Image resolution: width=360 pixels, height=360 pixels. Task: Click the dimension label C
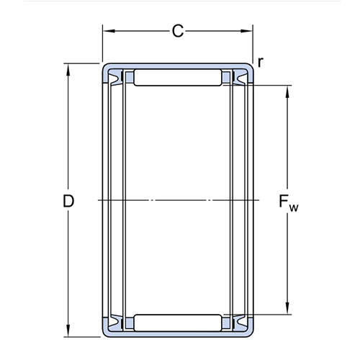178,31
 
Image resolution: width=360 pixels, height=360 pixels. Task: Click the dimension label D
68,201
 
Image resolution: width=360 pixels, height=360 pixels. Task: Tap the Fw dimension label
289,203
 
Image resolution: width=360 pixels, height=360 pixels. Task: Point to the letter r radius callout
261,62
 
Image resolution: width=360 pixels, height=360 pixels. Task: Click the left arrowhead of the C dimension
109,31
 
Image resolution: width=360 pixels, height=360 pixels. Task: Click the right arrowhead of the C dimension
246,31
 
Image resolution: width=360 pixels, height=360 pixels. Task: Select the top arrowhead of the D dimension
68,70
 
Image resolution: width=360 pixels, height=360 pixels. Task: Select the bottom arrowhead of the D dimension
68,330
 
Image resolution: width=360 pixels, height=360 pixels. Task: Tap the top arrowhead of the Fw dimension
287,91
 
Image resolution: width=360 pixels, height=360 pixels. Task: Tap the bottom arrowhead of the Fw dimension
287,308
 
